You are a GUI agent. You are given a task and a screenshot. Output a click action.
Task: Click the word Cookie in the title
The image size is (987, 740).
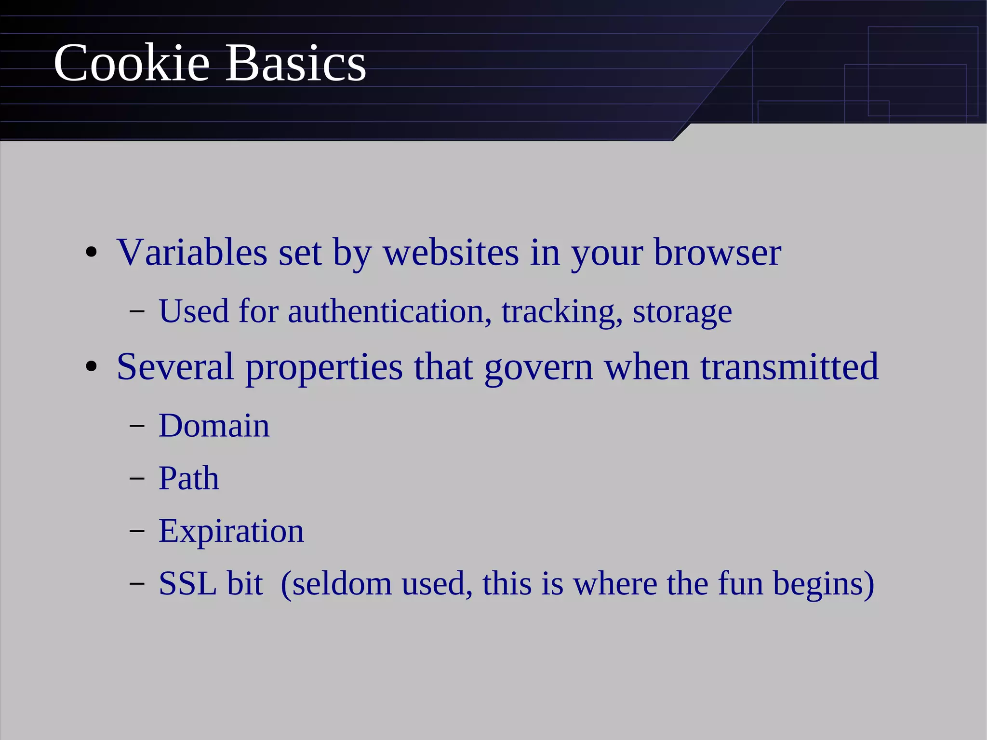point(132,63)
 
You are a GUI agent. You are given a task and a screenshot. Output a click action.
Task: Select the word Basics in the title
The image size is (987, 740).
point(295,63)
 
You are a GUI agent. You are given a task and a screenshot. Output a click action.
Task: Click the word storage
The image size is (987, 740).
point(682,312)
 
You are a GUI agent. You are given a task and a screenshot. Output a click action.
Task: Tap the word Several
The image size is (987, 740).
point(175,367)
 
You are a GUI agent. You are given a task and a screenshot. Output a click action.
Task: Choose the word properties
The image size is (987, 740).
point(324,368)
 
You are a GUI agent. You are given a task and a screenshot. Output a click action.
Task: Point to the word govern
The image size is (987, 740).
point(538,368)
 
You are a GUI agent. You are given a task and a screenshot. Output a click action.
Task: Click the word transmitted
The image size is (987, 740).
point(789,367)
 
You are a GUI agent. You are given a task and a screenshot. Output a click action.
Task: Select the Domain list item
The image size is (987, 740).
point(214,426)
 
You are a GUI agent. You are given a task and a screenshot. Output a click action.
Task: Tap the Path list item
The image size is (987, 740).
point(189,478)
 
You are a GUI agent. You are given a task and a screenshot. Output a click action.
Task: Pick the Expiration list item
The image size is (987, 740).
point(231,532)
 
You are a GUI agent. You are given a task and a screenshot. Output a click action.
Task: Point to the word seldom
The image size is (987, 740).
point(342,584)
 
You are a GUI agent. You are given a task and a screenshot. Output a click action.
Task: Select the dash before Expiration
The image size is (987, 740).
point(137,531)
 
